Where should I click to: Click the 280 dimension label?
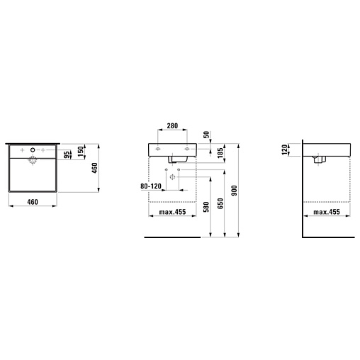[x=172, y=125]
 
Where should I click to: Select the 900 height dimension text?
[x=234, y=191]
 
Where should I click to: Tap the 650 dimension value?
[x=220, y=203]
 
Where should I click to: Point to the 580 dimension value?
[x=206, y=207]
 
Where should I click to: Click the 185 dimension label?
[x=220, y=153]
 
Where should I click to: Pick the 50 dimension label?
[x=206, y=135]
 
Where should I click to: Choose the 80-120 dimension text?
[x=151, y=186]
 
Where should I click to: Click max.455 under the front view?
[x=172, y=212]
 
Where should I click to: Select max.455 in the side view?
[x=327, y=212]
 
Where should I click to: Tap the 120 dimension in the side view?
[x=285, y=150]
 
